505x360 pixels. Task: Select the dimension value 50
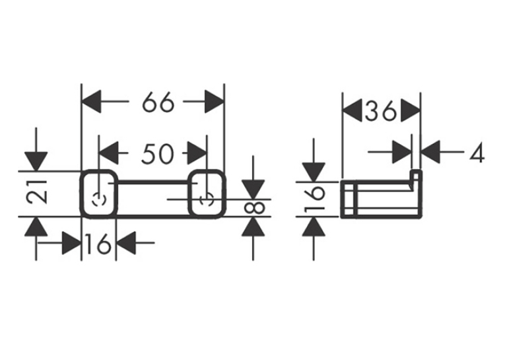[x=158, y=153]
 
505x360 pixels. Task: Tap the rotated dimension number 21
[x=37, y=192]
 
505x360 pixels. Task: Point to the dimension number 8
[x=254, y=208]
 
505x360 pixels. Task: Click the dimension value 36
[x=381, y=111]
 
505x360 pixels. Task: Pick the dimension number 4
[x=477, y=152]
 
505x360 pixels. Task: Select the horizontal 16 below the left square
[x=98, y=244]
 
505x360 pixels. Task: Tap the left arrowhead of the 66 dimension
[x=92, y=102]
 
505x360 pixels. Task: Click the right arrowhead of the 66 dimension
[x=214, y=102]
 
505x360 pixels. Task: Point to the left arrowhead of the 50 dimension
[x=109, y=153]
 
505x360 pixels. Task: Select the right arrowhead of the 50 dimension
[x=197, y=153]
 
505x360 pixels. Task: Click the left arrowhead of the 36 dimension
[x=352, y=111]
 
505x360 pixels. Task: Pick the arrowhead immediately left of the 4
[x=430, y=152]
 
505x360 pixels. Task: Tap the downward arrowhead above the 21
[x=36, y=161]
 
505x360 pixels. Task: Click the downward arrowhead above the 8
[x=253, y=189]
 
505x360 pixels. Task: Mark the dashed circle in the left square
[x=98, y=200]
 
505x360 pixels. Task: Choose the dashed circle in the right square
[x=207, y=200]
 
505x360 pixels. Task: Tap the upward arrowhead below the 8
[x=253, y=227]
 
